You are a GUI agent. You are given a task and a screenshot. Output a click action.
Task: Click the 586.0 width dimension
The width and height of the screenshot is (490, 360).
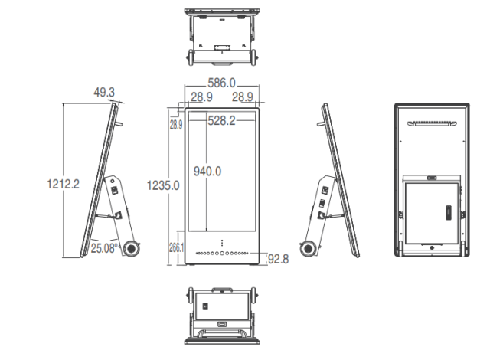221,83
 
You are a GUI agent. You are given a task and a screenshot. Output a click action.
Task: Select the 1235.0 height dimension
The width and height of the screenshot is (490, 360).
163,185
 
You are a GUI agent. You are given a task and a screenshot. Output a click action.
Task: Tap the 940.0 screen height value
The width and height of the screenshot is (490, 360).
207,172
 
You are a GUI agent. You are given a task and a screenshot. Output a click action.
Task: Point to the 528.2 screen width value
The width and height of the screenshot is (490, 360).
221,120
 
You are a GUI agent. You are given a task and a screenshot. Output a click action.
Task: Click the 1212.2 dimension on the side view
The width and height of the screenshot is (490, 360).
63,184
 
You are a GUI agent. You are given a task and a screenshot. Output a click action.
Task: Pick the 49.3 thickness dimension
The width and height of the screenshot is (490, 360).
104,92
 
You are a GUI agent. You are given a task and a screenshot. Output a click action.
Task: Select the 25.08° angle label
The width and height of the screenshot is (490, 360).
105,248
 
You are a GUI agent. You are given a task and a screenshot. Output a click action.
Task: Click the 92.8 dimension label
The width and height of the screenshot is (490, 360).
279,259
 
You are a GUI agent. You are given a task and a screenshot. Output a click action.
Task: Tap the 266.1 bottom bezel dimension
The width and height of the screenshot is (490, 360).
176,248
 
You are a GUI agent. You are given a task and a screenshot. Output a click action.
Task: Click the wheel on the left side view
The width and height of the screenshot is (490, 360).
131,248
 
